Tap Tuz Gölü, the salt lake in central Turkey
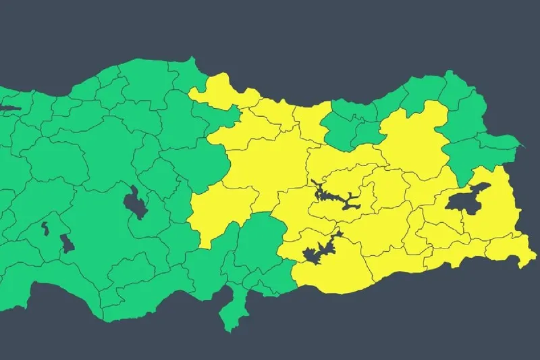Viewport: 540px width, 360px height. (136, 202)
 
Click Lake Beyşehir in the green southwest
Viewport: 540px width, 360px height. (67, 242)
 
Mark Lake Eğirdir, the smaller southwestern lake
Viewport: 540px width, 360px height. (45, 228)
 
